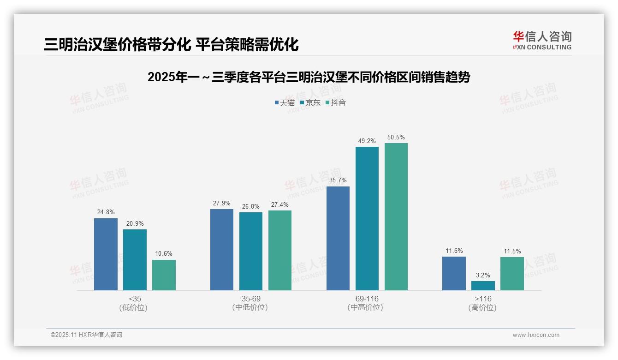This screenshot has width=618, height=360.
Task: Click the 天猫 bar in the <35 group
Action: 106,254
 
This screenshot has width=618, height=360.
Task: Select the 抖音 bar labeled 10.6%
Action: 164,275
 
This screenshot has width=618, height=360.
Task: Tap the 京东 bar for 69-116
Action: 367,218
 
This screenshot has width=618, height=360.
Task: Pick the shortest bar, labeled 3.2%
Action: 483,286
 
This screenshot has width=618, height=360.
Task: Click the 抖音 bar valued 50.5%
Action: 396,216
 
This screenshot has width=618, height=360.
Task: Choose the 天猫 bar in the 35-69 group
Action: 222,250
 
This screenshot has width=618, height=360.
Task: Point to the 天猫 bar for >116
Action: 454,273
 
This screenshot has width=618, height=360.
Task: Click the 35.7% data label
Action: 338,180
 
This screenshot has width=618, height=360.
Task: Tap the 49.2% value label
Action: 367,141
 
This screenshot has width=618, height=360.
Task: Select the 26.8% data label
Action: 251,206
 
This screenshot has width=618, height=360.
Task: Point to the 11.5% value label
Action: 512,251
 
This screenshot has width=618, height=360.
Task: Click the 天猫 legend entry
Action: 285,102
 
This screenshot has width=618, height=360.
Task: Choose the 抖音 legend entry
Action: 336,102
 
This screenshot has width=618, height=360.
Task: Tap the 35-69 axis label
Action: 251,299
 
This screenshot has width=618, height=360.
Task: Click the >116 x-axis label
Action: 483,299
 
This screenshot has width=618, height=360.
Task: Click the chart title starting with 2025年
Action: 309,77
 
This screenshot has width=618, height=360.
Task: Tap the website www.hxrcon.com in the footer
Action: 536,335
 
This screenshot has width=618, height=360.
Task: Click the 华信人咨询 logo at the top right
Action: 542,40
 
